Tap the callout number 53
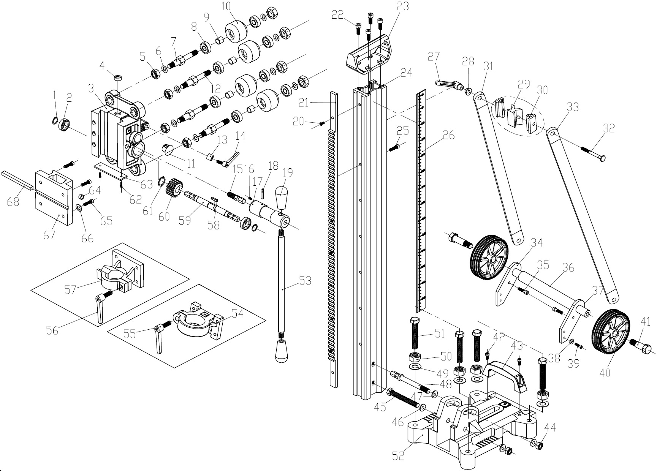(305, 281)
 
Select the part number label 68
(13, 201)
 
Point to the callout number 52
(398, 455)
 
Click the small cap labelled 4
(118, 79)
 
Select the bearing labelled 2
(66, 125)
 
